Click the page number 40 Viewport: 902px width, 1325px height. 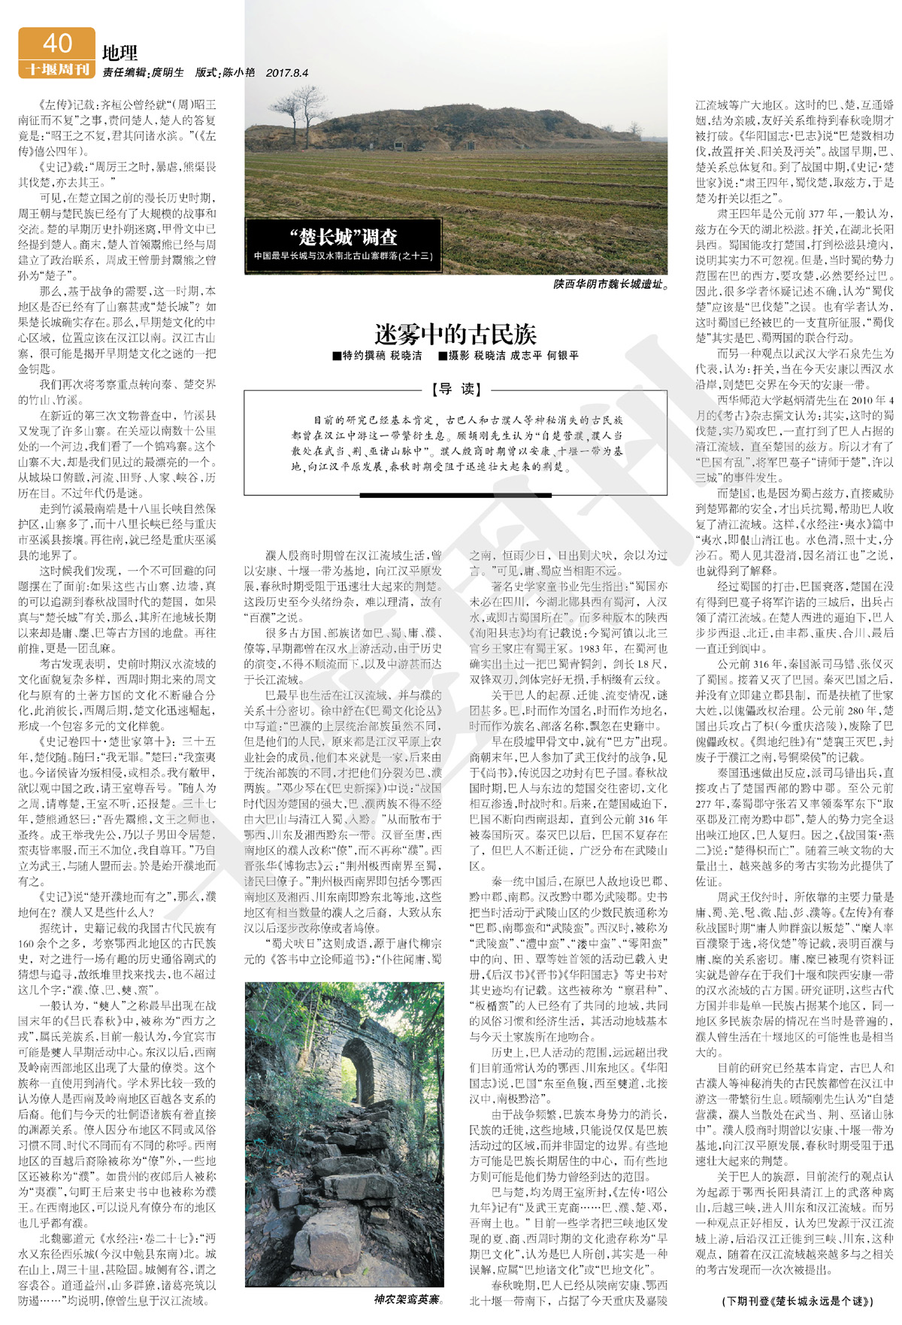click(57, 43)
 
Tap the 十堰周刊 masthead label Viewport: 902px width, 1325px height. click(57, 69)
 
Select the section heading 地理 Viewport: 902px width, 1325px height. click(120, 53)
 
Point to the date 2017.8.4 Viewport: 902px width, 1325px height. click(286, 73)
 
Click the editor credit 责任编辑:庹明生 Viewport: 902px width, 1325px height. click(143, 73)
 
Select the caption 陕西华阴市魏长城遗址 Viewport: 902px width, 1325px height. click(610, 284)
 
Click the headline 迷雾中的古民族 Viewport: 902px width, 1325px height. click(455, 334)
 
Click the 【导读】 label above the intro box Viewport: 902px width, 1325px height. click(456, 389)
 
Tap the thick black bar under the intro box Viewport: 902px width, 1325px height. click(456, 495)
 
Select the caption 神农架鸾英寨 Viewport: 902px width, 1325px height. click(408, 1299)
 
